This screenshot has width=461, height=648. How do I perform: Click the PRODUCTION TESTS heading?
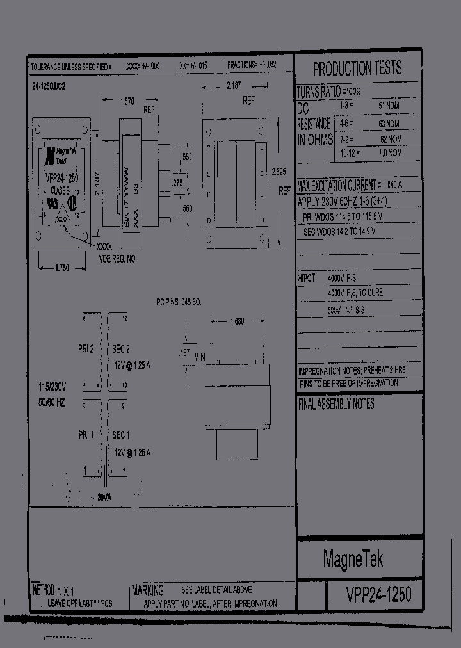point(357,69)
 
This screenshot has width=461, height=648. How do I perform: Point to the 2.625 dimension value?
point(279,171)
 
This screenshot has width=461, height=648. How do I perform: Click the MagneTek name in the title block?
point(353,560)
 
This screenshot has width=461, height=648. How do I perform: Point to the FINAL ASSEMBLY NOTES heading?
point(336,405)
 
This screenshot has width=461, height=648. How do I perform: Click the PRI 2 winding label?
point(86,349)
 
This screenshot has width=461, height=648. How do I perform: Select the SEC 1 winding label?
point(122,435)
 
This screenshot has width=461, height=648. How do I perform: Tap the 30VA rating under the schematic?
point(105,497)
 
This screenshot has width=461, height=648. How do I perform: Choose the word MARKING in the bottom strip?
point(148,590)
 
